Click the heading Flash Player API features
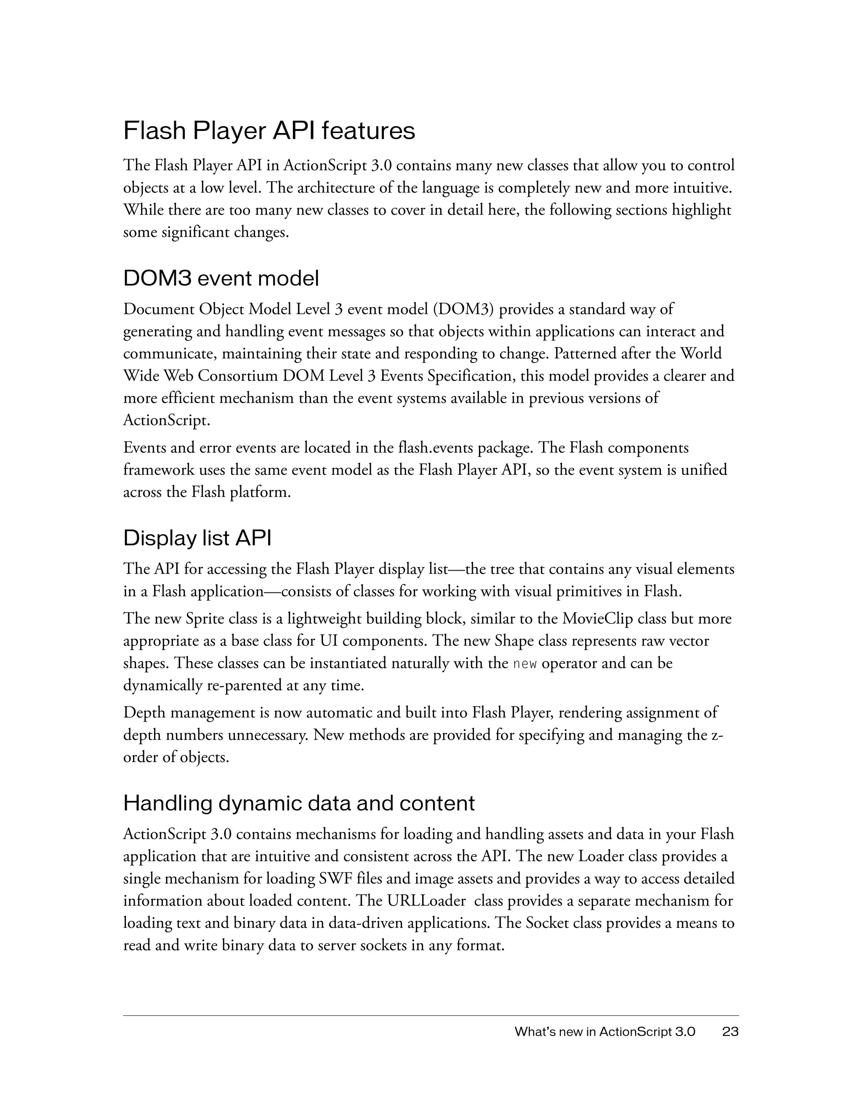269,131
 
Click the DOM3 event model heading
221,279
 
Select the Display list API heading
197,538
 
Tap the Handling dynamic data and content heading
299,803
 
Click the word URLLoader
426,901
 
